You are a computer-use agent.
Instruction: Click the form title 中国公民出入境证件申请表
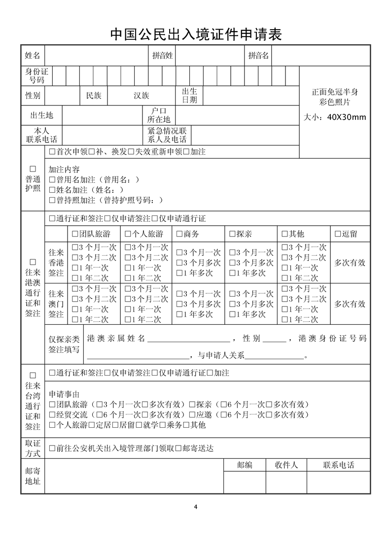click(195, 34)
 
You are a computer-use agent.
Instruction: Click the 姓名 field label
click(33, 56)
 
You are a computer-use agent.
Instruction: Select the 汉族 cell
click(141, 96)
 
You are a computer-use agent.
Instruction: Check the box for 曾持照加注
click(52, 200)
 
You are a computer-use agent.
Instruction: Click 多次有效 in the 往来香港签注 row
click(350, 263)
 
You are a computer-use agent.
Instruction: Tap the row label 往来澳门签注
click(56, 304)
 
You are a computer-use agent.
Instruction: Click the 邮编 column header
click(245, 465)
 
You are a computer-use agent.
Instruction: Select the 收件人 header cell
click(286, 465)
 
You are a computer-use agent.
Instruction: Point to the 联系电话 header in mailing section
click(338, 465)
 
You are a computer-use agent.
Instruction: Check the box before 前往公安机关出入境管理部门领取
click(52, 449)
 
